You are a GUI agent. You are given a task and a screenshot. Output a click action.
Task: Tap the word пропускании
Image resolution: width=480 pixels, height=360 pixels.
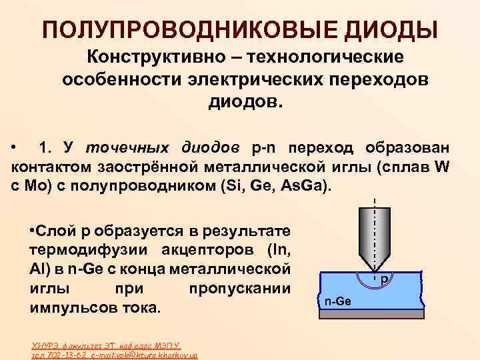point(240,289)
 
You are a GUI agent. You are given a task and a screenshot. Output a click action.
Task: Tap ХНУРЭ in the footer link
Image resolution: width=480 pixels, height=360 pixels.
point(48,345)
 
